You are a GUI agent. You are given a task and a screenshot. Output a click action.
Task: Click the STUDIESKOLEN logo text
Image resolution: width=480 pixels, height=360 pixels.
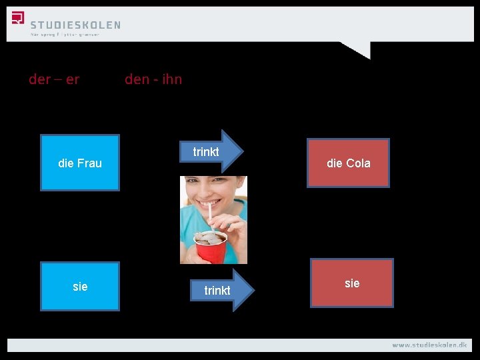point(75,25)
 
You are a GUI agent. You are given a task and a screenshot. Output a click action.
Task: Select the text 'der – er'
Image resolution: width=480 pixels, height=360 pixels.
point(54,79)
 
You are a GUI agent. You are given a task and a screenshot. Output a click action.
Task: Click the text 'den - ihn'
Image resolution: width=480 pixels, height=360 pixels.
point(153,79)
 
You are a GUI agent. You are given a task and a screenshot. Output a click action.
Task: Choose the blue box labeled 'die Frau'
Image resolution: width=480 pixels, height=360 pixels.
point(80,163)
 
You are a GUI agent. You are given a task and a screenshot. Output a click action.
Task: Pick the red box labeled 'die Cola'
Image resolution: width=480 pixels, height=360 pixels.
point(348,163)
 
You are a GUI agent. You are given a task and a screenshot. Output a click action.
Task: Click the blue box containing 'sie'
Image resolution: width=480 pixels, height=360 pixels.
point(80,286)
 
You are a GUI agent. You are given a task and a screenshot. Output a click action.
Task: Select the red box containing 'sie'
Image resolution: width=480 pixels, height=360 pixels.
point(352,283)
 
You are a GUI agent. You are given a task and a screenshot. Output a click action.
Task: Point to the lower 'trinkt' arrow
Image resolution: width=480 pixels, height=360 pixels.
point(220,290)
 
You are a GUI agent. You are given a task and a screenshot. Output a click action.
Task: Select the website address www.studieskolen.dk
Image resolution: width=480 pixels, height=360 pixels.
point(429,345)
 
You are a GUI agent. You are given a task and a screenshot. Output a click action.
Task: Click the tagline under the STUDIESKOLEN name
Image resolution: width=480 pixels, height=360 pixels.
point(65,35)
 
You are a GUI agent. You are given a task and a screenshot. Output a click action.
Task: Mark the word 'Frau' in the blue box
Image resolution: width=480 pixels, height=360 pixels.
point(89,163)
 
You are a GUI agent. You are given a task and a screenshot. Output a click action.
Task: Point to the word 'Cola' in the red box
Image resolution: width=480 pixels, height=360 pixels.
point(357,163)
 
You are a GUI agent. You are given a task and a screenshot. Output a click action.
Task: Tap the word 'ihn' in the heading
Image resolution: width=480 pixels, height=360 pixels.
point(170,79)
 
